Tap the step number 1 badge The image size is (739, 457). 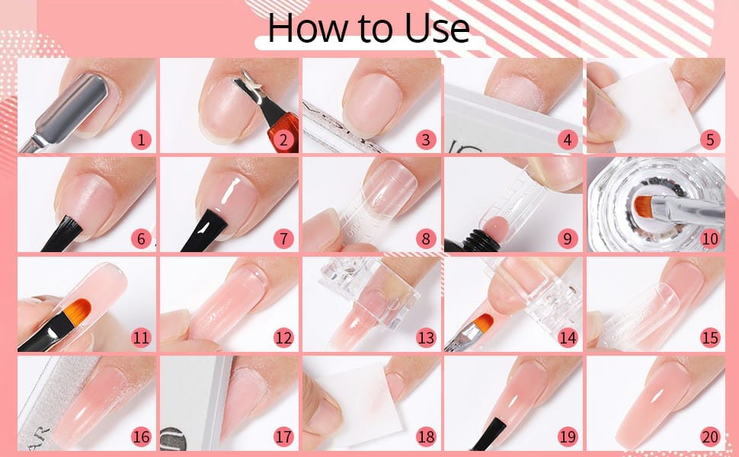click(x=142, y=140)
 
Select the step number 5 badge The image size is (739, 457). click(x=710, y=140)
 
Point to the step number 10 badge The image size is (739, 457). click(x=710, y=239)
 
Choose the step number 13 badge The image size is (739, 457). click(x=426, y=338)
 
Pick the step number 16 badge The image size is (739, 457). click(x=142, y=436)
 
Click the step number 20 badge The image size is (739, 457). click(x=710, y=436)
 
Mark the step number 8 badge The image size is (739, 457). click(x=426, y=239)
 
